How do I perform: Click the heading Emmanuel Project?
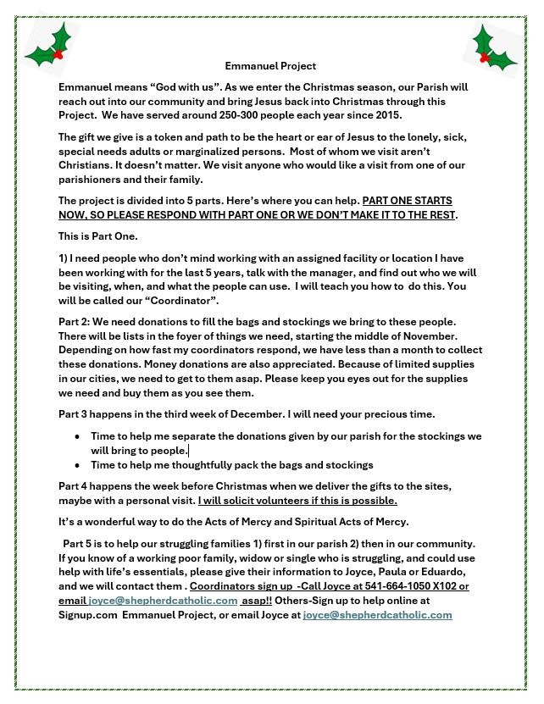[x=270, y=65]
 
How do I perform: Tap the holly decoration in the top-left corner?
[x=51, y=47]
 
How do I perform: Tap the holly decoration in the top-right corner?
[x=494, y=49]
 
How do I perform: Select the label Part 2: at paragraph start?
[x=74, y=322]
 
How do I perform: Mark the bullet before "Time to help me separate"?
[x=78, y=436]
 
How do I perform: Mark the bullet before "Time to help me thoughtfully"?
[x=78, y=465]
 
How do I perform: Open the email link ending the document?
[x=377, y=615]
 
